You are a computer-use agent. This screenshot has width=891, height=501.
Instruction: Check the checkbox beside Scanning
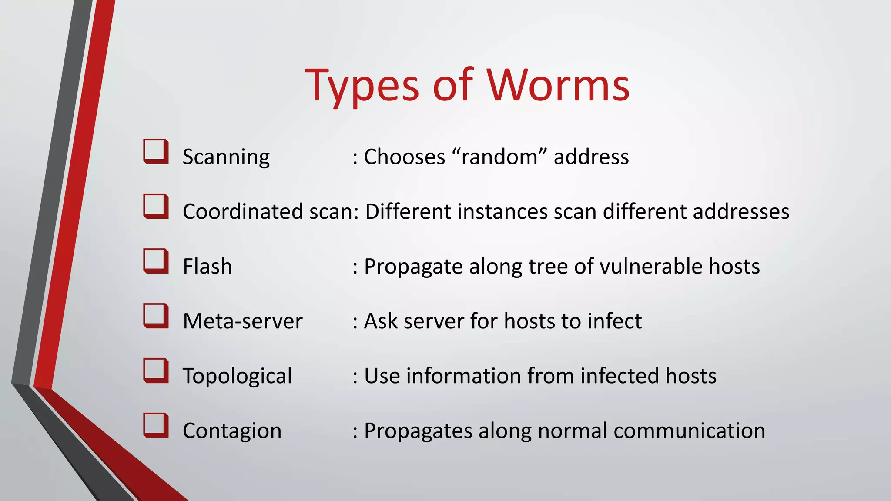[156, 151]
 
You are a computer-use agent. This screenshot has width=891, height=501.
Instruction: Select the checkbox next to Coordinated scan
[156, 206]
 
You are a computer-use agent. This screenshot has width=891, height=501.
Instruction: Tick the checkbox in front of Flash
[156, 261]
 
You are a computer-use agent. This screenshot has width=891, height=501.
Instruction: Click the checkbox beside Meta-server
[156, 316]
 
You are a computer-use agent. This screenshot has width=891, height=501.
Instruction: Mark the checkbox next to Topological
[156, 371]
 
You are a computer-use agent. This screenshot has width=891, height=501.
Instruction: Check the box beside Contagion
[156, 425]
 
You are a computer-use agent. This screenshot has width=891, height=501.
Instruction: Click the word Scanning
[226, 157]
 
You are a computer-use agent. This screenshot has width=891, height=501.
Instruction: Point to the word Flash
[207, 266]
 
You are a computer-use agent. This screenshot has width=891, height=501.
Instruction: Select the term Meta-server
[242, 321]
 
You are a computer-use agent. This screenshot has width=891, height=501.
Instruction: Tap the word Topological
[237, 376]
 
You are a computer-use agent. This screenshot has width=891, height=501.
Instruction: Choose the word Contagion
[232, 431]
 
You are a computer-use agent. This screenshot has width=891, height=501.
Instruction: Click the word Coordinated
[243, 212]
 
